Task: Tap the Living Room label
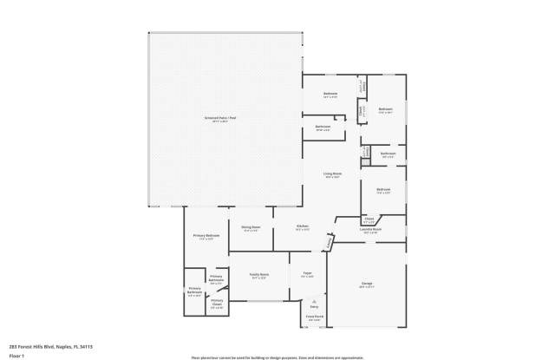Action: [333, 174]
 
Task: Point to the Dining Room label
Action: [251, 227]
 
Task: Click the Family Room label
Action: [258, 274]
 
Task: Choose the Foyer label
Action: [307, 274]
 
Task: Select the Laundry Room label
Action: [371, 229]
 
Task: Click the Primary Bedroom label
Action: [206, 236]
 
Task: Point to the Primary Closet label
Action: [217, 302]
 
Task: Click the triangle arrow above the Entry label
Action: [314, 301]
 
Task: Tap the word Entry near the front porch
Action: [314, 307]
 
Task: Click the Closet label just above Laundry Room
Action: [369, 219]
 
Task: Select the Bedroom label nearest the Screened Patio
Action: [330, 94]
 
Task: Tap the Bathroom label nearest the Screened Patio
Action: [323, 127]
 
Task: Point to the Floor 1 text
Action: [16, 355]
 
